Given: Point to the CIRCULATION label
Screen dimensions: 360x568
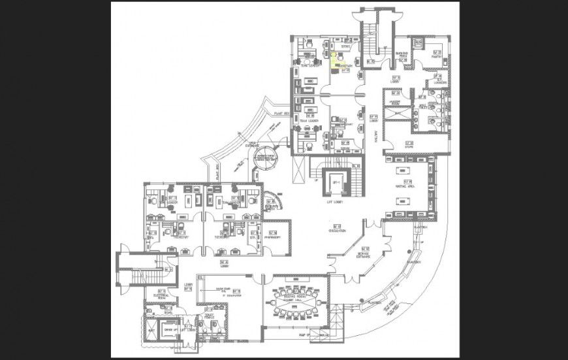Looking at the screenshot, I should [x=337, y=231].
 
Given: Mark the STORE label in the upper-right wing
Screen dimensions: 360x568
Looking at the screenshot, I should [x=409, y=147].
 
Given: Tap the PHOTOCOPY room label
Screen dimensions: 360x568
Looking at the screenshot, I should [x=272, y=238].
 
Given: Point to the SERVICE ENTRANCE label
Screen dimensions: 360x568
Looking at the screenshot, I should [x=364, y=255].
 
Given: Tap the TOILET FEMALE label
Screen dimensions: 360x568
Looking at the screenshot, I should [x=210, y=318].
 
